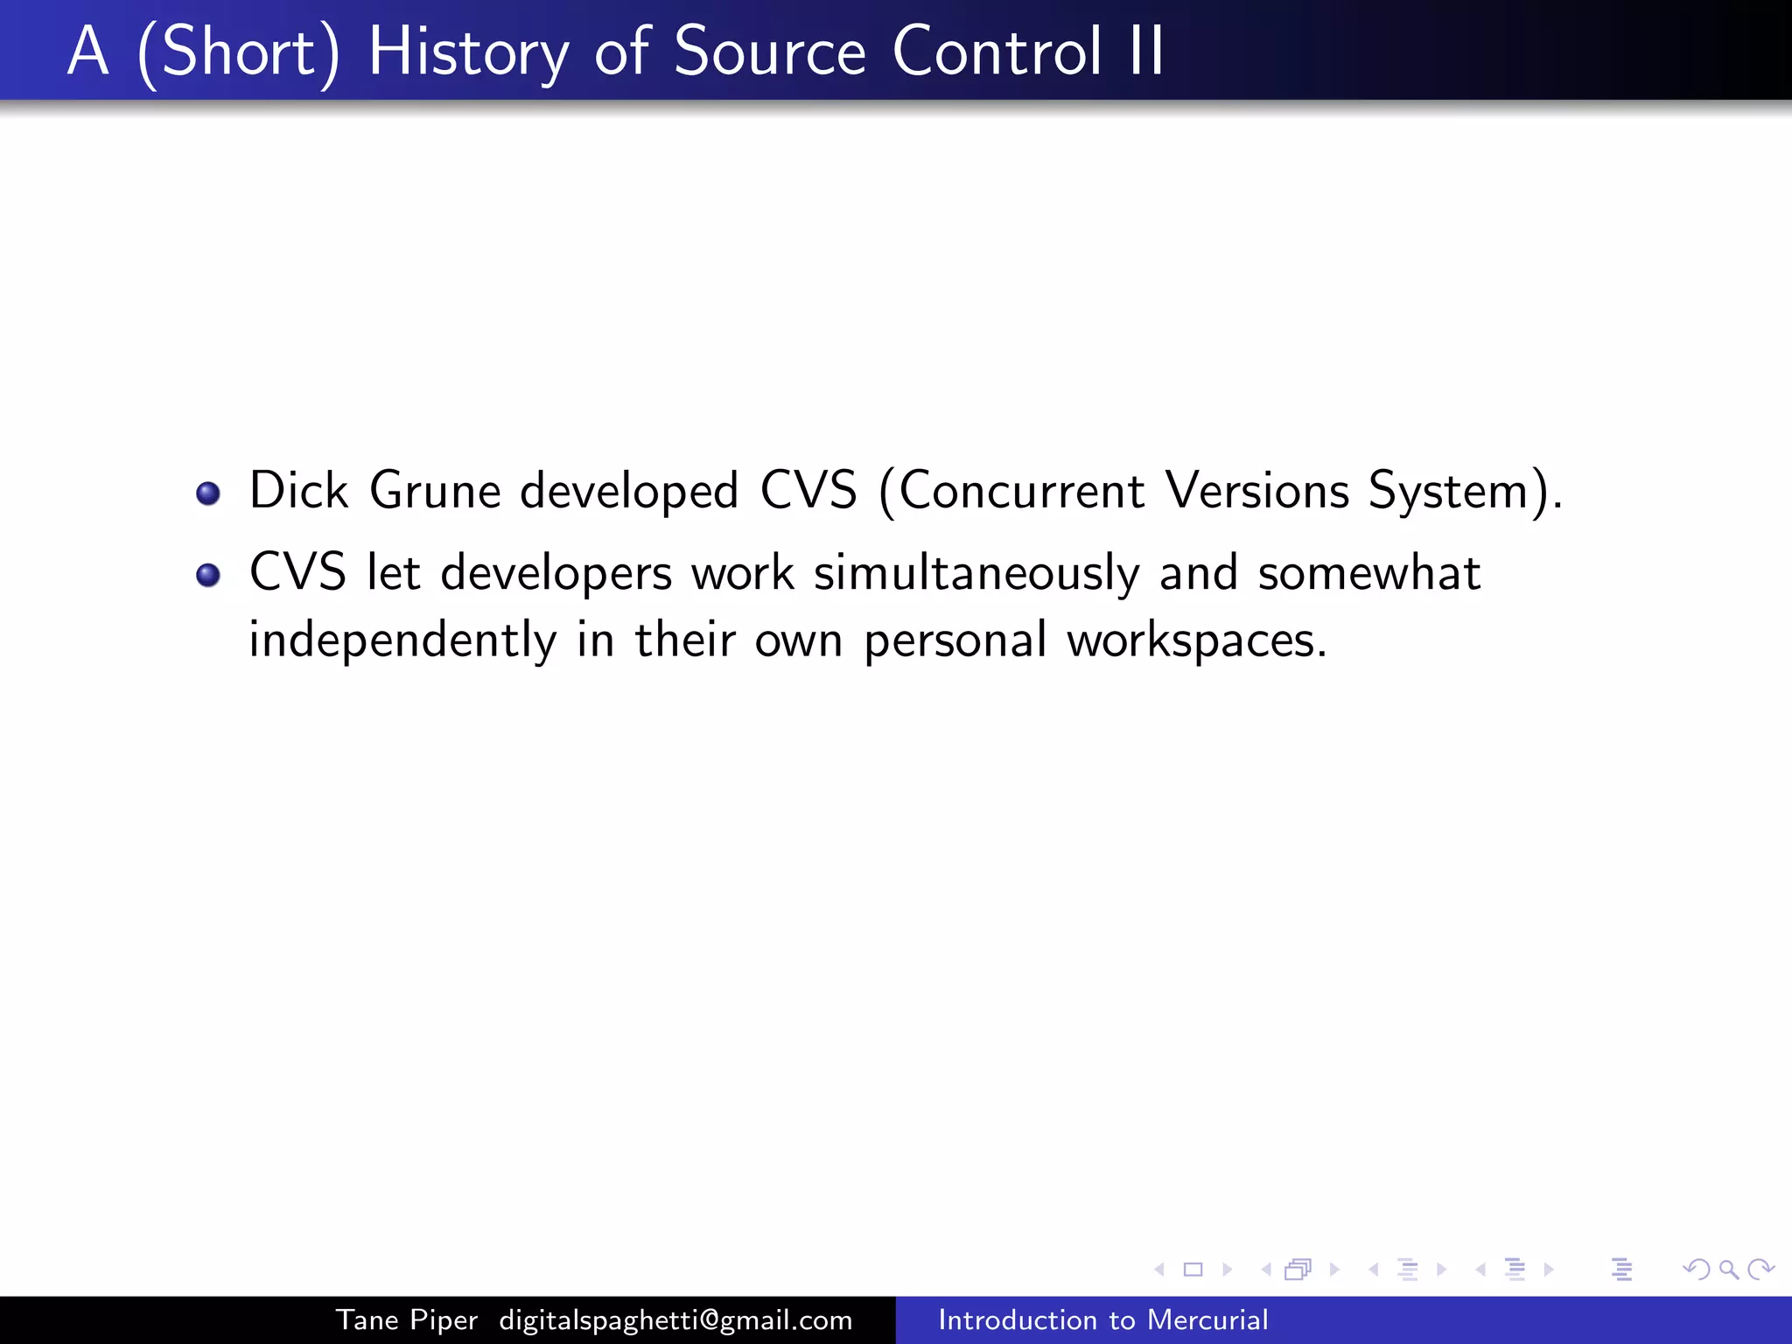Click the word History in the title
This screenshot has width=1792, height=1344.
[469, 52]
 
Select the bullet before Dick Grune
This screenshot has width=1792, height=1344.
[208, 493]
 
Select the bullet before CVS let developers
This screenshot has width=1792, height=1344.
[208, 575]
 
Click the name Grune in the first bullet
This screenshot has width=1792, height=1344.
[435, 490]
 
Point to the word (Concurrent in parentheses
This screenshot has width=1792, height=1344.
[1011, 492]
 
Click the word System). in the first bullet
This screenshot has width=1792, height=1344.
[1465, 492]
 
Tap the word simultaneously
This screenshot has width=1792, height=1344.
[976, 575]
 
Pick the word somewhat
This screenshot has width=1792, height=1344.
[1368, 573]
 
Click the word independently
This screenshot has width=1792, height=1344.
[402, 640]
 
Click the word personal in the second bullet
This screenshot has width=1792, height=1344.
[955, 640]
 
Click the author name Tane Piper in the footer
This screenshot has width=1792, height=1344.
[407, 1319]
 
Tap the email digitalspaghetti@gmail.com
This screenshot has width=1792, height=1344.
[675, 1319]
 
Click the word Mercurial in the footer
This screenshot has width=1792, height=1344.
[1207, 1319]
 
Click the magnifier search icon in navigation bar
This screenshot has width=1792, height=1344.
[1728, 1269]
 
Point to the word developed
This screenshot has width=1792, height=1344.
[629, 492]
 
